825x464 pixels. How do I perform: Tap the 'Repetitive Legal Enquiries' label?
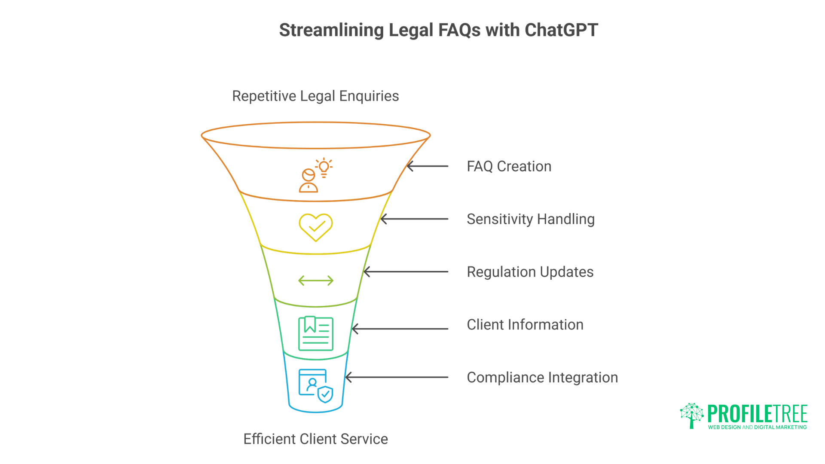click(x=315, y=96)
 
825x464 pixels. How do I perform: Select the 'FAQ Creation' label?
click(x=509, y=166)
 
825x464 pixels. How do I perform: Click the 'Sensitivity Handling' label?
click(x=530, y=219)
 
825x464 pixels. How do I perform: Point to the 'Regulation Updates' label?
click(x=530, y=272)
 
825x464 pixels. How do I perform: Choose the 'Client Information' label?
click(x=525, y=325)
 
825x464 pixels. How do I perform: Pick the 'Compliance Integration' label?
click(x=542, y=378)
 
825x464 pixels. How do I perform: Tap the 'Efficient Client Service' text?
click(x=315, y=439)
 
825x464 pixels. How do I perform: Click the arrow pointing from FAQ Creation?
click(x=427, y=166)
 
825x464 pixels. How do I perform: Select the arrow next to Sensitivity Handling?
click(x=414, y=219)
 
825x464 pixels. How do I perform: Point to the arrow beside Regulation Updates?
click(x=406, y=272)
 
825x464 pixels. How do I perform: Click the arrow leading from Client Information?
click(x=400, y=329)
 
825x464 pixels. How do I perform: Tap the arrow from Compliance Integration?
click(x=396, y=378)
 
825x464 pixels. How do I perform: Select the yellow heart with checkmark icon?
click(x=316, y=227)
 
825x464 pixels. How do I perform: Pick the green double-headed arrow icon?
click(x=316, y=281)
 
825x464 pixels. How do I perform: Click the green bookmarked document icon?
click(x=316, y=333)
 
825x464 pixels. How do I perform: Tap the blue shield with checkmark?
click(x=325, y=394)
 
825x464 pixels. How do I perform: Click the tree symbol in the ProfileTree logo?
click(x=691, y=415)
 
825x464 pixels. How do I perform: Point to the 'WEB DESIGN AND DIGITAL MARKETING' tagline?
click(x=757, y=427)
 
